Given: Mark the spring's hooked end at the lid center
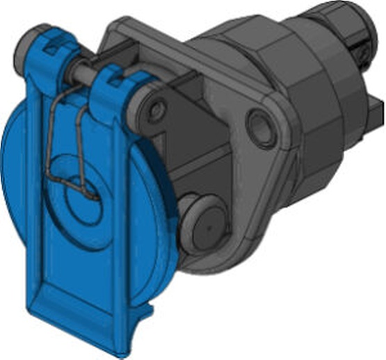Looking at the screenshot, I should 90,195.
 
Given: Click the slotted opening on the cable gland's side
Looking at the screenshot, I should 361,49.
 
